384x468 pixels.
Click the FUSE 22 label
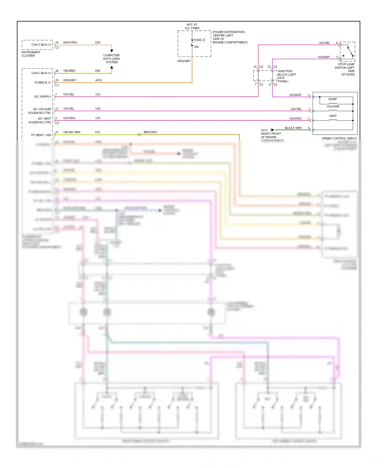(x=199, y=40)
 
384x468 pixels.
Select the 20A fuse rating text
(x=196, y=47)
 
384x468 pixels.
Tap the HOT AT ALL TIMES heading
(x=192, y=26)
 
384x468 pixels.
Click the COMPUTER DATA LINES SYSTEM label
(x=111, y=59)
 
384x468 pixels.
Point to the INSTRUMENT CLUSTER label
(x=31, y=54)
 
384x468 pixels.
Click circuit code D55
(x=98, y=42)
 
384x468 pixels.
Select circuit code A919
(x=98, y=80)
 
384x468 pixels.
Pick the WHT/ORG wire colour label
(x=70, y=42)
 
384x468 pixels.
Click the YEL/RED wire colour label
(x=69, y=71)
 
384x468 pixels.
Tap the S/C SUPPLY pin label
(x=43, y=97)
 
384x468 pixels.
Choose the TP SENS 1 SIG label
(x=41, y=135)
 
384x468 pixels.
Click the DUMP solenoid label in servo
(x=333, y=99)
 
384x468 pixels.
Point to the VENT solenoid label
(x=333, y=116)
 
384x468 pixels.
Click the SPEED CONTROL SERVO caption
(x=339, y=138)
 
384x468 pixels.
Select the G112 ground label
(x=264, y=130)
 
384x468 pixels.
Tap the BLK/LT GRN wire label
(x=293, y=128)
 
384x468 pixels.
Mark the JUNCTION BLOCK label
(x=287, y=76)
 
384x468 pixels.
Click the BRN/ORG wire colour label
(x=150, y=132)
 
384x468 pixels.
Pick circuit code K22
(x=98, y=132)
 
